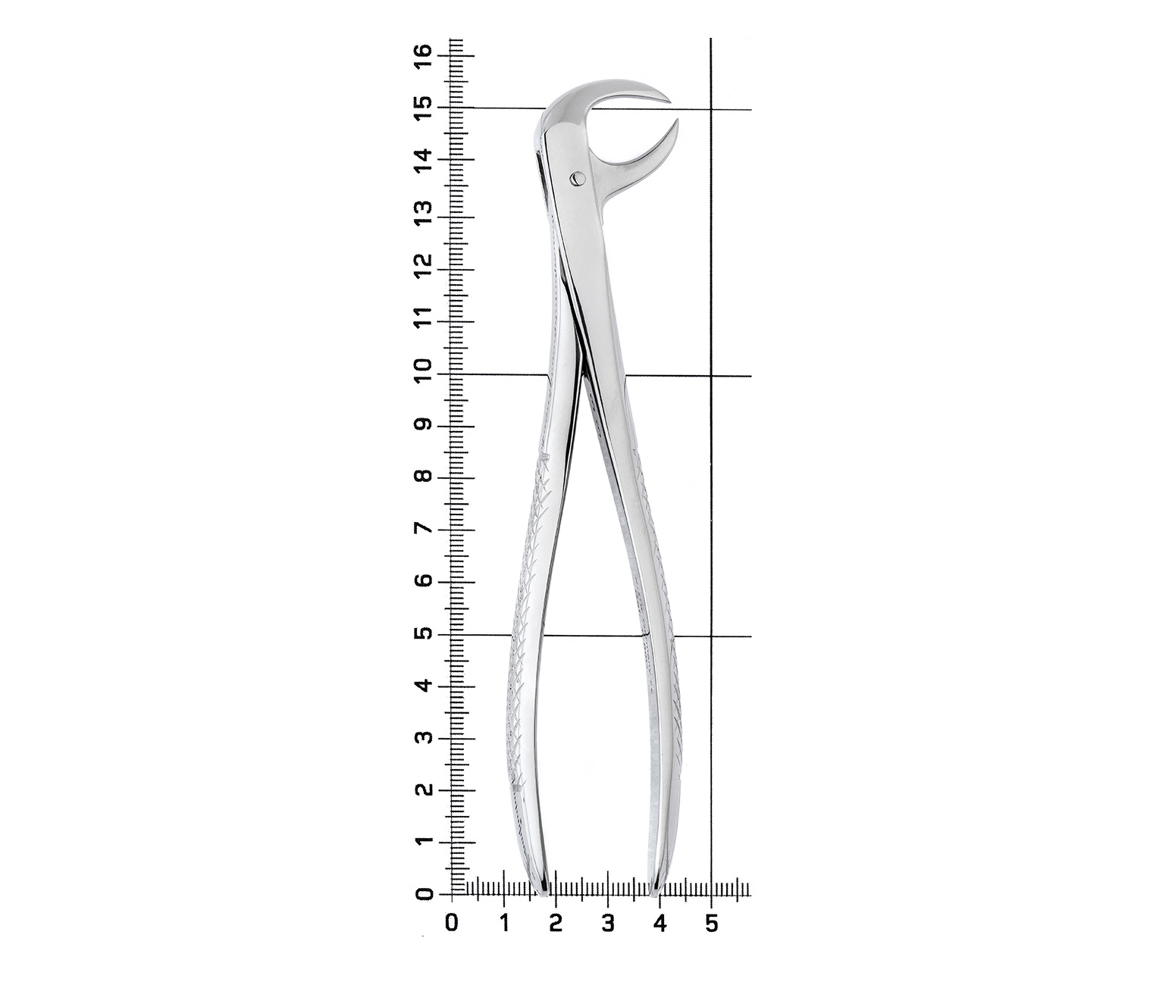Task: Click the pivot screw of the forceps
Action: coord(577,178)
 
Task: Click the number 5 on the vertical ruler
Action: coord(424,634)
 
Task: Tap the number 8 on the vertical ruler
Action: coord(424,478)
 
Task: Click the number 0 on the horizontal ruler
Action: coord(452,923)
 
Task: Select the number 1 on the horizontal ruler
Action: coord(504,923)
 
